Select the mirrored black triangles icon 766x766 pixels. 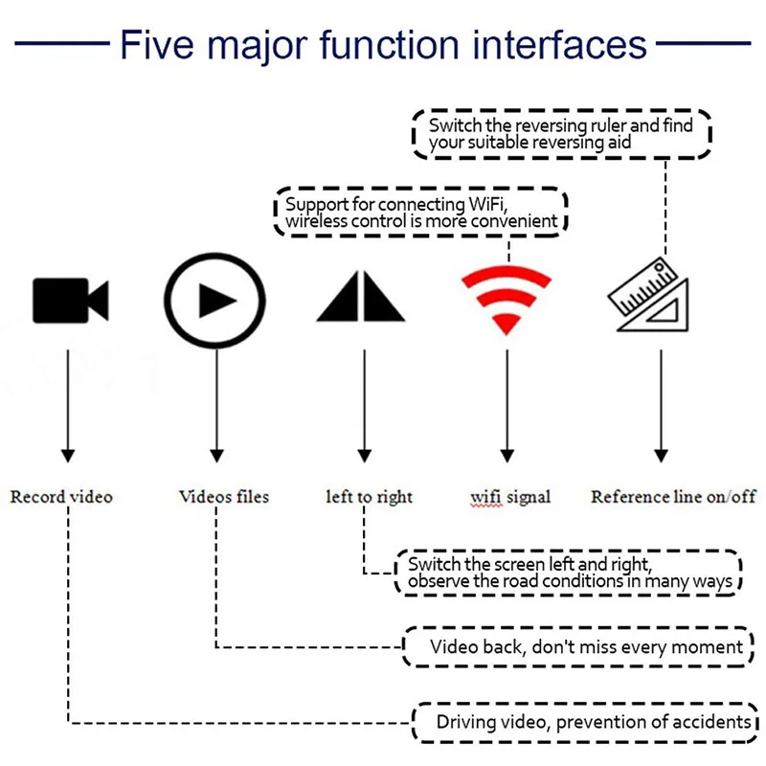(x=361, y=296)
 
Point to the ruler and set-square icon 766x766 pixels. (x=649, y=295)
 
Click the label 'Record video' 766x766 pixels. (x=61, y=497)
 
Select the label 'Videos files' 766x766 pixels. (x=224, y=497)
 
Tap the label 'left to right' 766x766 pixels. (x=370, y=497)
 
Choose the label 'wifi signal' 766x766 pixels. (x=510, y=497)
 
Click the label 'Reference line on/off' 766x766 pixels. (x=674, y=497)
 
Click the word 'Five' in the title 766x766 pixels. (x=157, y=45)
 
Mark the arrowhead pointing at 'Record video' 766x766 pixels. (x=68, y=457)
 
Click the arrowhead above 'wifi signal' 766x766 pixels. (x=507, y=457)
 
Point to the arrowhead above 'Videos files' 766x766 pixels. (x=217, y=457)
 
